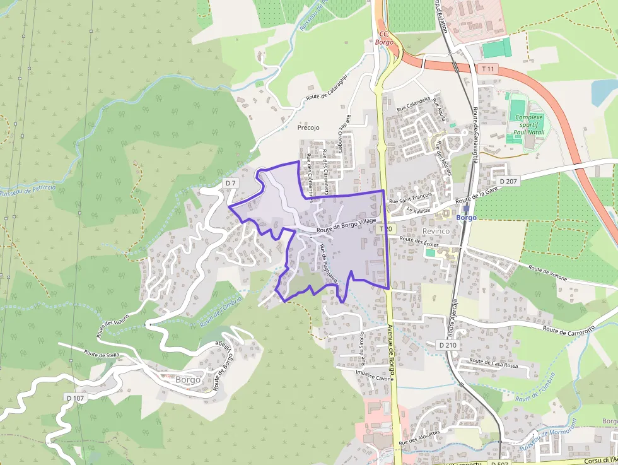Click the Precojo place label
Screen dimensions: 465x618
pos(308,127)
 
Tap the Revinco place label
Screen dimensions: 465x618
pos(436,231)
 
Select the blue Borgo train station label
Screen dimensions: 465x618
pos(467,218)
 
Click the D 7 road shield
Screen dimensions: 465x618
pos(230,183)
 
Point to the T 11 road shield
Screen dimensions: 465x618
pos(487,68)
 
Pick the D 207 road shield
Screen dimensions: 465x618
pos(508,182)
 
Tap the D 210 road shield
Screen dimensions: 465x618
pos(447,345)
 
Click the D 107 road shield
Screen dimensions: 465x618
pos(74,398)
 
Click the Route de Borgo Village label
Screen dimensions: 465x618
pos(346,223)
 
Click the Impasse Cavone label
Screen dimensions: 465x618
pos(375,378)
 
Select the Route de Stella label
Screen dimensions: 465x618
pos(101,355)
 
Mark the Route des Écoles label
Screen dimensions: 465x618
pos(419,240)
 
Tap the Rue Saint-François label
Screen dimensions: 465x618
pos(411,198)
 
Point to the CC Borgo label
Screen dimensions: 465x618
pos(384,38)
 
